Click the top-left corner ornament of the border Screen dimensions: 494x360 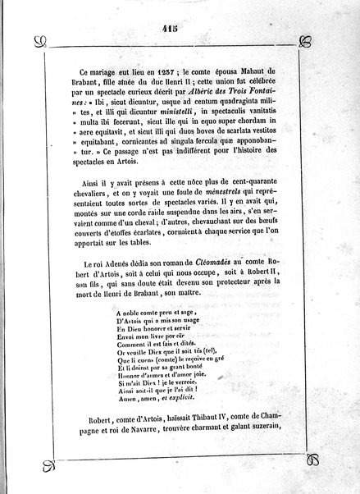37,41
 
